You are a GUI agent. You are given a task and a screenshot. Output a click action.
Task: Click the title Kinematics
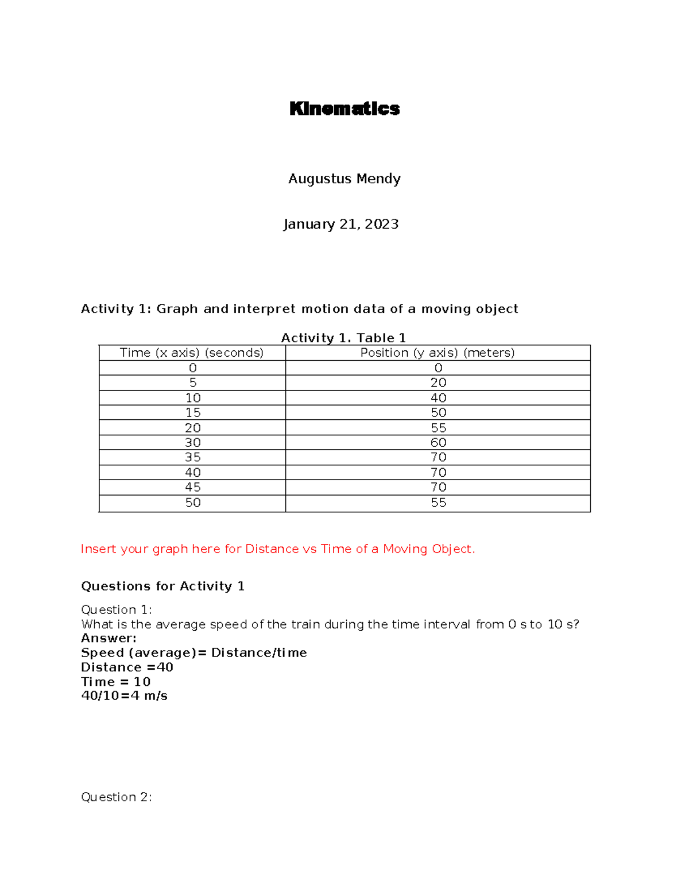pos(344,109)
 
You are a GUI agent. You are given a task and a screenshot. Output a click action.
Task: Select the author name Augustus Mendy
pos(344,179)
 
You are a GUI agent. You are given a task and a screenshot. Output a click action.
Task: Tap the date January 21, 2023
pos(341,224)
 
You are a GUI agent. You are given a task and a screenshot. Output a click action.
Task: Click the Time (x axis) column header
pos(192,353)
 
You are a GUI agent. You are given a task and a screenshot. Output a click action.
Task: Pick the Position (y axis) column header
pos(438,353)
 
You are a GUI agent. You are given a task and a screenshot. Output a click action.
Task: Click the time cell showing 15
pos(193,412)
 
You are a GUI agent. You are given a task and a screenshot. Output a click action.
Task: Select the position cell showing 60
pos(438,442)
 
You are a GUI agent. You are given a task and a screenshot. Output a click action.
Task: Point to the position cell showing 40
pos(438,397)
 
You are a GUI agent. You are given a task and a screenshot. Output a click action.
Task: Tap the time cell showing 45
pos(193,487)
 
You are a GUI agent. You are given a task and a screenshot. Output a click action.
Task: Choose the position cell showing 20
pos(438,383)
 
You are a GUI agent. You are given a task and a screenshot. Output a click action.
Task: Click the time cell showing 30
pos(193,442)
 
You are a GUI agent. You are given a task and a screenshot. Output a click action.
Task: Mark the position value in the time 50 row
pos(438,503)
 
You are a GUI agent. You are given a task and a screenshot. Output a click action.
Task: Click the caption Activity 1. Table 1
pos(343,338)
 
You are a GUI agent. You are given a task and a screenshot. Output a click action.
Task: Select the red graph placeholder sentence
pos(278,549)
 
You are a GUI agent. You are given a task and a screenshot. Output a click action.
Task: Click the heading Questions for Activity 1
pos(162,586)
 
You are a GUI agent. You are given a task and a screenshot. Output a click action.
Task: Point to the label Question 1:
pos(117,609)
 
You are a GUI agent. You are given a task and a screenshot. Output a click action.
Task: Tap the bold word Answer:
pos(109,638)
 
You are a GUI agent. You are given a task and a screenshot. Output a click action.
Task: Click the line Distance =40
pos(127,667)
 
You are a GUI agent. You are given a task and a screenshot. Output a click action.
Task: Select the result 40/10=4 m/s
pos(124,696)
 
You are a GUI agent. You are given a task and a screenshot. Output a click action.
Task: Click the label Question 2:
pos(117,797)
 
